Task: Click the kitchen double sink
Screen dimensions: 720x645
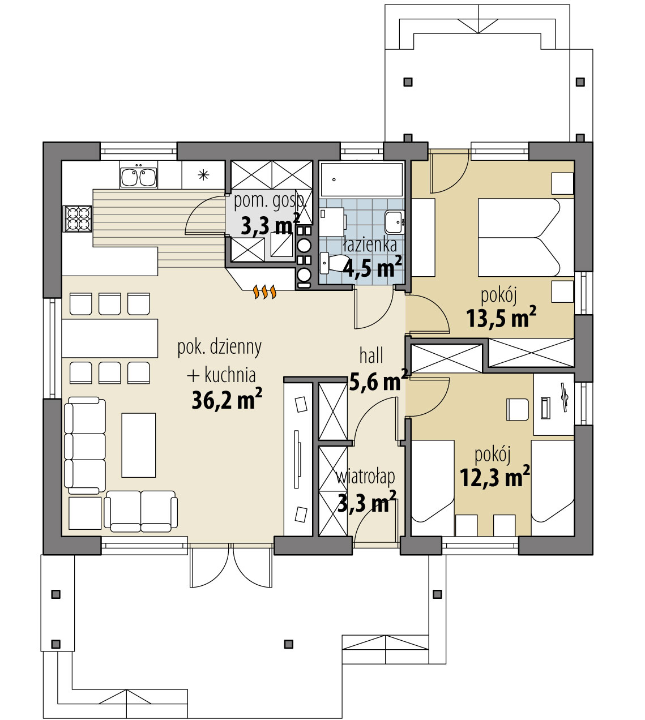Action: pos(139,177)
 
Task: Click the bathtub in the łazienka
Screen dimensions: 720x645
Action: pos(361,179)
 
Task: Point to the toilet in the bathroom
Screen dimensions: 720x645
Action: pos(335,263)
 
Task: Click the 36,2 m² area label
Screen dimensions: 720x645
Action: pos(227,400)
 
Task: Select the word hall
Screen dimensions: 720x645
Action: pos(371,356)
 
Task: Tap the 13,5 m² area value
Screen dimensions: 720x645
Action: pos(501,318)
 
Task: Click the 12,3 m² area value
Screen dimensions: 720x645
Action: pos(494,478)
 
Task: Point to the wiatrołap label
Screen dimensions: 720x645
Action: pos(365,477)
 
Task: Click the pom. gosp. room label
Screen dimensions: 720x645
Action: pos(270,201)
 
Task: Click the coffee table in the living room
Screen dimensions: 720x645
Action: pos(139,445)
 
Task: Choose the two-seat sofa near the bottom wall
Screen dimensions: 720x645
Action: pos(140,511)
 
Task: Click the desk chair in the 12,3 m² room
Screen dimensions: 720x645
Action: pos(517,409)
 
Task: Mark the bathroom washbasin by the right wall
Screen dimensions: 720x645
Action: pos(394,222)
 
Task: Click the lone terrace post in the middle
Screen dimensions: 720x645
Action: pos(289,644)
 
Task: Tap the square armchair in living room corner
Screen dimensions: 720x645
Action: pos(85,513)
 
